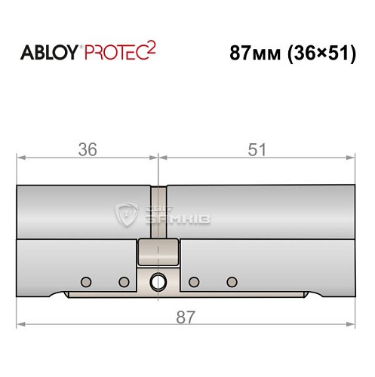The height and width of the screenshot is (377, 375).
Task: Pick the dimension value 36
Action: (x=88, y=149)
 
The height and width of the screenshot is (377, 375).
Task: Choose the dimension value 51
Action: (x=257, y=149)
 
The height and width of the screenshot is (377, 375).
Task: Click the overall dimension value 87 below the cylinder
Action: (x=186, y=317)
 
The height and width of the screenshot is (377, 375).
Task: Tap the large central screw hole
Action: (x=158, y=282)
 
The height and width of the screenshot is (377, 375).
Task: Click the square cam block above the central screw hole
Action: (x=158, y=251)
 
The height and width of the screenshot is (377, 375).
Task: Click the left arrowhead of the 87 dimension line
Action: (x=21, y=325)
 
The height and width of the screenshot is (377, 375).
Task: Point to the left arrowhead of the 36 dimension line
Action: (x=21, y=158)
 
